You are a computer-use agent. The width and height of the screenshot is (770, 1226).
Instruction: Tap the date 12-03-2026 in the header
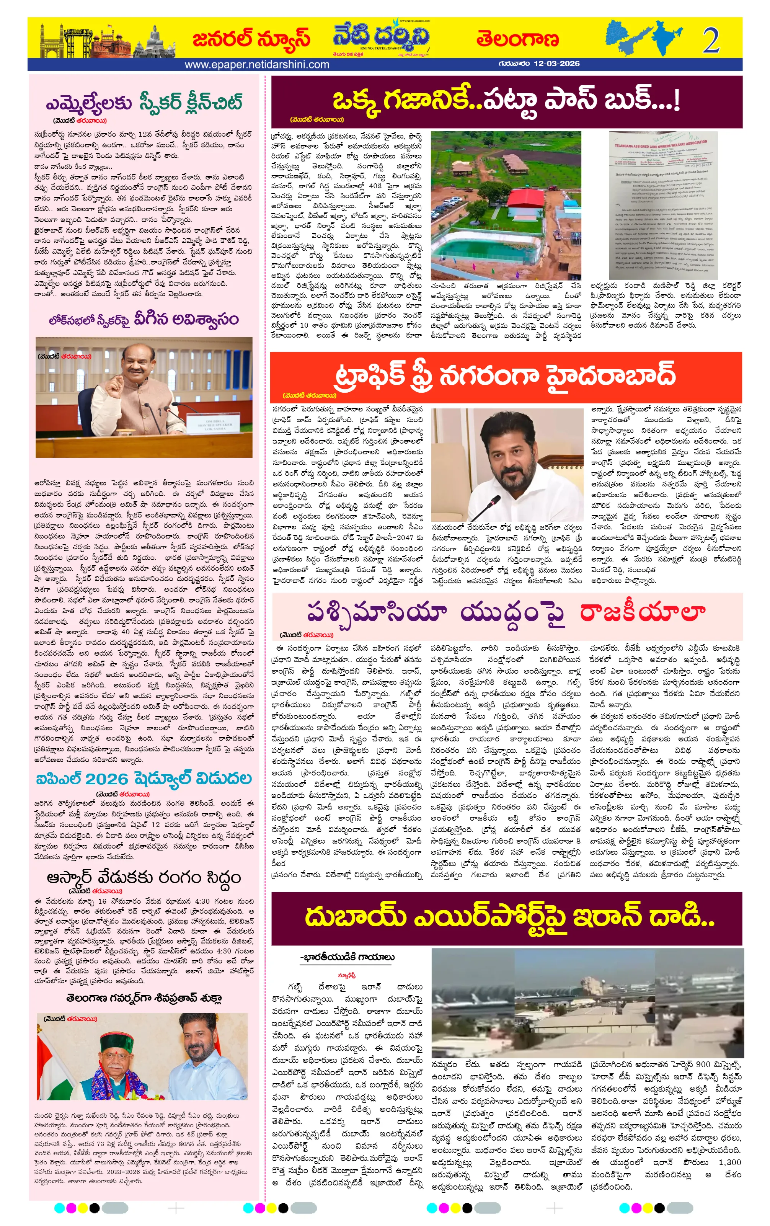pyautogui.click(x=557, y=64)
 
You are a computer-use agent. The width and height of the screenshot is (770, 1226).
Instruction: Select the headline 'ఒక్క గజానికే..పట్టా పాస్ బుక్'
pyautogui.click(x=506, y=100)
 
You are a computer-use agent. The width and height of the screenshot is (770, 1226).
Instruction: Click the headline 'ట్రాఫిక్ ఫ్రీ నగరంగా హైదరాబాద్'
pyautogui.click(x=505, y=375)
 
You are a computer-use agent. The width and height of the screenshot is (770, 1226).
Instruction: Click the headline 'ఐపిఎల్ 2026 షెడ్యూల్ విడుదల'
pyautogui.click(x=144, y=779)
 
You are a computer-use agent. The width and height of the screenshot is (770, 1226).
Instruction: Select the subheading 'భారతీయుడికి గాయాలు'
pyautogui.click(x=347, y=957)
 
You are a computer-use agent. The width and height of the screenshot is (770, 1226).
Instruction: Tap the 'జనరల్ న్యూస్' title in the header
pyautogui.click(x=251, y=39)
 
